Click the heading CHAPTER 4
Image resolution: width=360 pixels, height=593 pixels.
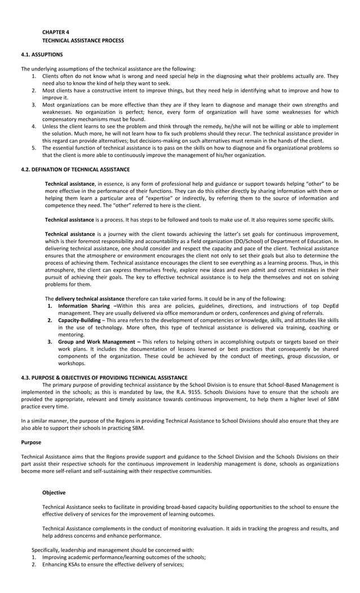(55, 33)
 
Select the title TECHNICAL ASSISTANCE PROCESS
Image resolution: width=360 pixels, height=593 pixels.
(83, 41)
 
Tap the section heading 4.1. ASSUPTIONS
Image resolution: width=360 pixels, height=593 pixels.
(42, 55)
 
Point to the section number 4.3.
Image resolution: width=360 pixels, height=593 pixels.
(26, 377)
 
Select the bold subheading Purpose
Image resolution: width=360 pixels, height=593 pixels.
(31, 442)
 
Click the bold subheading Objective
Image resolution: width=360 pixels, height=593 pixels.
(54, 493)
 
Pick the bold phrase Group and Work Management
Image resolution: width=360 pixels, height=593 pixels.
(97, 342)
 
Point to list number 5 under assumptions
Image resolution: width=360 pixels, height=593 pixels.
(34, 148)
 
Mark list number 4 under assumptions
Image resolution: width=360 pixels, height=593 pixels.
(34, 126)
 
